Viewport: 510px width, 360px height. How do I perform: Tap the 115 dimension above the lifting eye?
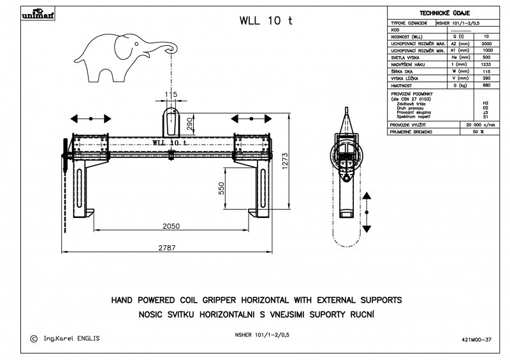coord(170,95)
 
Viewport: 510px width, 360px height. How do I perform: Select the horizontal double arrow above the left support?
coord(91,119)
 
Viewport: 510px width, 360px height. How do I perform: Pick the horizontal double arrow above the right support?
coord(252,119)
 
